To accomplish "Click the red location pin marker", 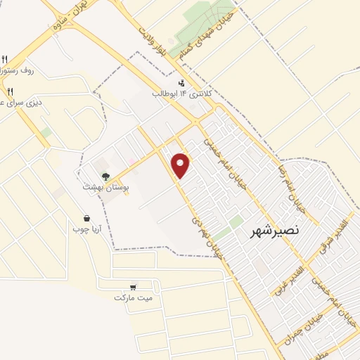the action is (181, 165).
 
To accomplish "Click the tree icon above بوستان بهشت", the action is (105, 176).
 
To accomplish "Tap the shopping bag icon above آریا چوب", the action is (86, 218).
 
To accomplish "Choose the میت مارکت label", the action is (133, 297).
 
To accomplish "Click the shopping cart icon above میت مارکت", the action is (134, 287).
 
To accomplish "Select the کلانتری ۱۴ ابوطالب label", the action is (181, 94).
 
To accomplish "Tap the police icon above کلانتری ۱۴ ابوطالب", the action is (183, 83).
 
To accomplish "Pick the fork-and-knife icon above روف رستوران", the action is (5, 59).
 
